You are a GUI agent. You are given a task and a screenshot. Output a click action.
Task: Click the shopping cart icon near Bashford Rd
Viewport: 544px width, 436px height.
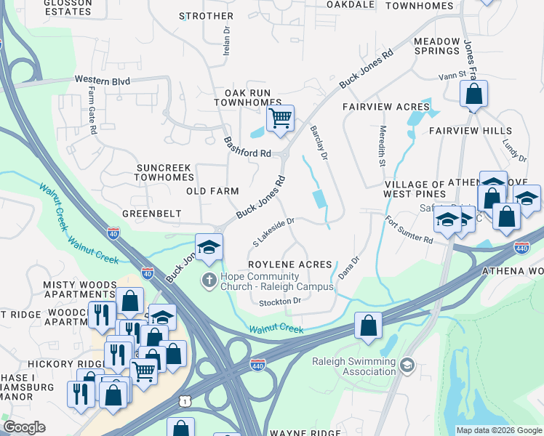click(x=280, y=118)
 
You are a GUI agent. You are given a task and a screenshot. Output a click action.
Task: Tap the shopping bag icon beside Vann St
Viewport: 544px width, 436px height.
click(x=473, y=94)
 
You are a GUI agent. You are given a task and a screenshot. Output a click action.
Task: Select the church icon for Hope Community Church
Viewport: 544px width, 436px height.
click(x=209, y=280)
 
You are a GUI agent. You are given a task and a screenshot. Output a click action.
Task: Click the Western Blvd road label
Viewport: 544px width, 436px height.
click(x=102, y=81)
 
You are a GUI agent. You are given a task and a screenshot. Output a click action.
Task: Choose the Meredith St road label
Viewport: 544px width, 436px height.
click(x=382, y=146)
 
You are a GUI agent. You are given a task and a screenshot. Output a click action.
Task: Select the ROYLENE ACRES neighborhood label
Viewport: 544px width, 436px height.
click(x=290, y=265)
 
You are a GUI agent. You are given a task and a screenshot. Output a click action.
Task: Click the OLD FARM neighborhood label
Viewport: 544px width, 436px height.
click(x=212, y=191)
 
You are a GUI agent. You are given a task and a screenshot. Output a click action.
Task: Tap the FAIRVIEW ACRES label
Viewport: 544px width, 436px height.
click(x=387, y=107)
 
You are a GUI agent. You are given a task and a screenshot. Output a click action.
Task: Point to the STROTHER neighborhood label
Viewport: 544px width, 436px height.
click(x=207, y=16)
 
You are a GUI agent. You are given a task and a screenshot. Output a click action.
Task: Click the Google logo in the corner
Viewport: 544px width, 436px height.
click(x=24, y=427)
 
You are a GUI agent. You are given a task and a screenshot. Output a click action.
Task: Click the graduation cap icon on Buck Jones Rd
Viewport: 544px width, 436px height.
click(x=209, y=247)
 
